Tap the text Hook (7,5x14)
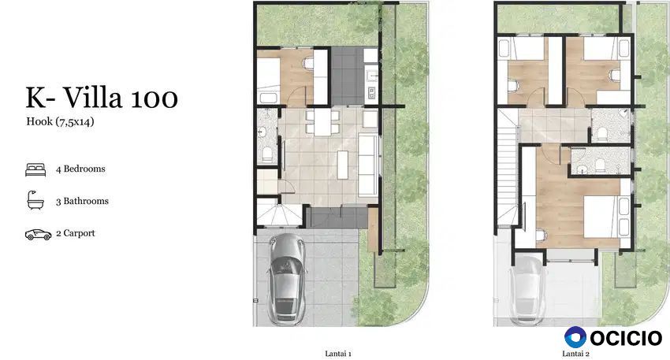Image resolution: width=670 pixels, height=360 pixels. [x=60, y=122]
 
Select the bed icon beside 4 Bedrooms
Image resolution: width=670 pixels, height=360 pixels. [x=35, y=169]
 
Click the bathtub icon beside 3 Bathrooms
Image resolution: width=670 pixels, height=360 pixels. [x=35, y=200]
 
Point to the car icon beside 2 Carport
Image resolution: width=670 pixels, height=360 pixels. [x=38, y=235]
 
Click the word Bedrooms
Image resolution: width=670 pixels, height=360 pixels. [x=84, y=169]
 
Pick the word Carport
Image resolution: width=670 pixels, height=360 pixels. [x=79, y=234]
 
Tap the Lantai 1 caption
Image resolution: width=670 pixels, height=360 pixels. [x=338, y=354]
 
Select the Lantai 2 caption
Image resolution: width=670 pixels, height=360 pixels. [x=575, y=354]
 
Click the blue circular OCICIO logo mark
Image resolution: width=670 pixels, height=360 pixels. [x=575, y=337]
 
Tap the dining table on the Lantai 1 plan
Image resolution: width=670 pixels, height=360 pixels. [x=322, y=123]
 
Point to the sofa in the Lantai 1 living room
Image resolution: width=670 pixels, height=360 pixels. [x=369, y=165]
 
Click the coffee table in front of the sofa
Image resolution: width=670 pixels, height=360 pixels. [x=343, y=165]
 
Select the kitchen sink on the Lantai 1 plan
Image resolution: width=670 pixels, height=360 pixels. [x=371, y=76]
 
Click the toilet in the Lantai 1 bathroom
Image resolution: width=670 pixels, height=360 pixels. [x=266, y=154]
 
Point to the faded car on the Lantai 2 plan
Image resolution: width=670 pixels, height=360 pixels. [x=528, y=290]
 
